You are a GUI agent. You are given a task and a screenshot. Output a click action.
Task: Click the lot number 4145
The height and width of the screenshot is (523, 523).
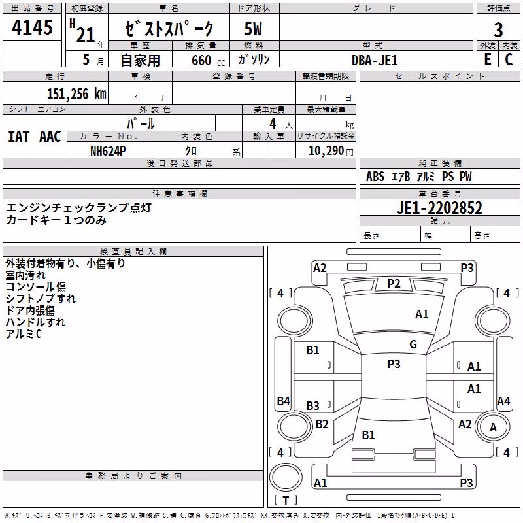point(32,27)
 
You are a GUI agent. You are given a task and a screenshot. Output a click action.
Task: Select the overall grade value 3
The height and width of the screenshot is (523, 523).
point(498,30)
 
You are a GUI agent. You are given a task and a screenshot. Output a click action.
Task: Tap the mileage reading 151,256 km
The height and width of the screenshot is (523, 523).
point(76,94)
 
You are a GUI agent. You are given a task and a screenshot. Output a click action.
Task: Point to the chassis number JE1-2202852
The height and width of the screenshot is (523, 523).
point(439,208)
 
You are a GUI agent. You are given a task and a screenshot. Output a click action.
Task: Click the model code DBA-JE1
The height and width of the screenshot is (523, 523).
point(375,60)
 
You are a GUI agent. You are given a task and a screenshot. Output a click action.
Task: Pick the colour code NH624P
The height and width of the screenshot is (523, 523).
point(108,151)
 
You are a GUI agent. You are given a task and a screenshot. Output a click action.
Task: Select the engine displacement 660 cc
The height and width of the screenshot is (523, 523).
point(208,61)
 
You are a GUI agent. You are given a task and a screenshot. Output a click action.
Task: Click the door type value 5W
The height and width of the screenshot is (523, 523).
point(253,29)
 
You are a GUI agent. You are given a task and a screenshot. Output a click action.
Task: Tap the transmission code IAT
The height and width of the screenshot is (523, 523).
point(19,137)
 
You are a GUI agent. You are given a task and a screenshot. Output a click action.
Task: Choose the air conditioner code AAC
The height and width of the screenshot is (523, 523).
point(50,137)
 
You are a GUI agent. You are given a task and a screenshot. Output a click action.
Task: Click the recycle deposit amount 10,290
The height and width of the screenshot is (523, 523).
point(326,151)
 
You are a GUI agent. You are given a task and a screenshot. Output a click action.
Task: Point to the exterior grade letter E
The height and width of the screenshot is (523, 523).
point(488,59)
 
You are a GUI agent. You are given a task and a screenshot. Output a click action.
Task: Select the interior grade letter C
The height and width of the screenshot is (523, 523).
point(509,59)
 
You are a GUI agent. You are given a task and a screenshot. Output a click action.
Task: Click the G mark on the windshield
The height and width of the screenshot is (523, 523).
point(413,345)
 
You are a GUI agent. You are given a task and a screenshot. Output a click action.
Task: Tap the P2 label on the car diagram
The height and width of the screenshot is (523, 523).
point(394,284)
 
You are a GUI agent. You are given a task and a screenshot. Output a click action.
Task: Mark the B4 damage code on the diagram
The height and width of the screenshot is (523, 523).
point(284,401)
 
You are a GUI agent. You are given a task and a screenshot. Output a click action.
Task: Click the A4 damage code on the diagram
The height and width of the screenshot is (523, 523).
point(503,401)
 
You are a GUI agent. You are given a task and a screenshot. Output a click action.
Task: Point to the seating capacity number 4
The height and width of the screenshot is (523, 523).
point(273,124)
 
